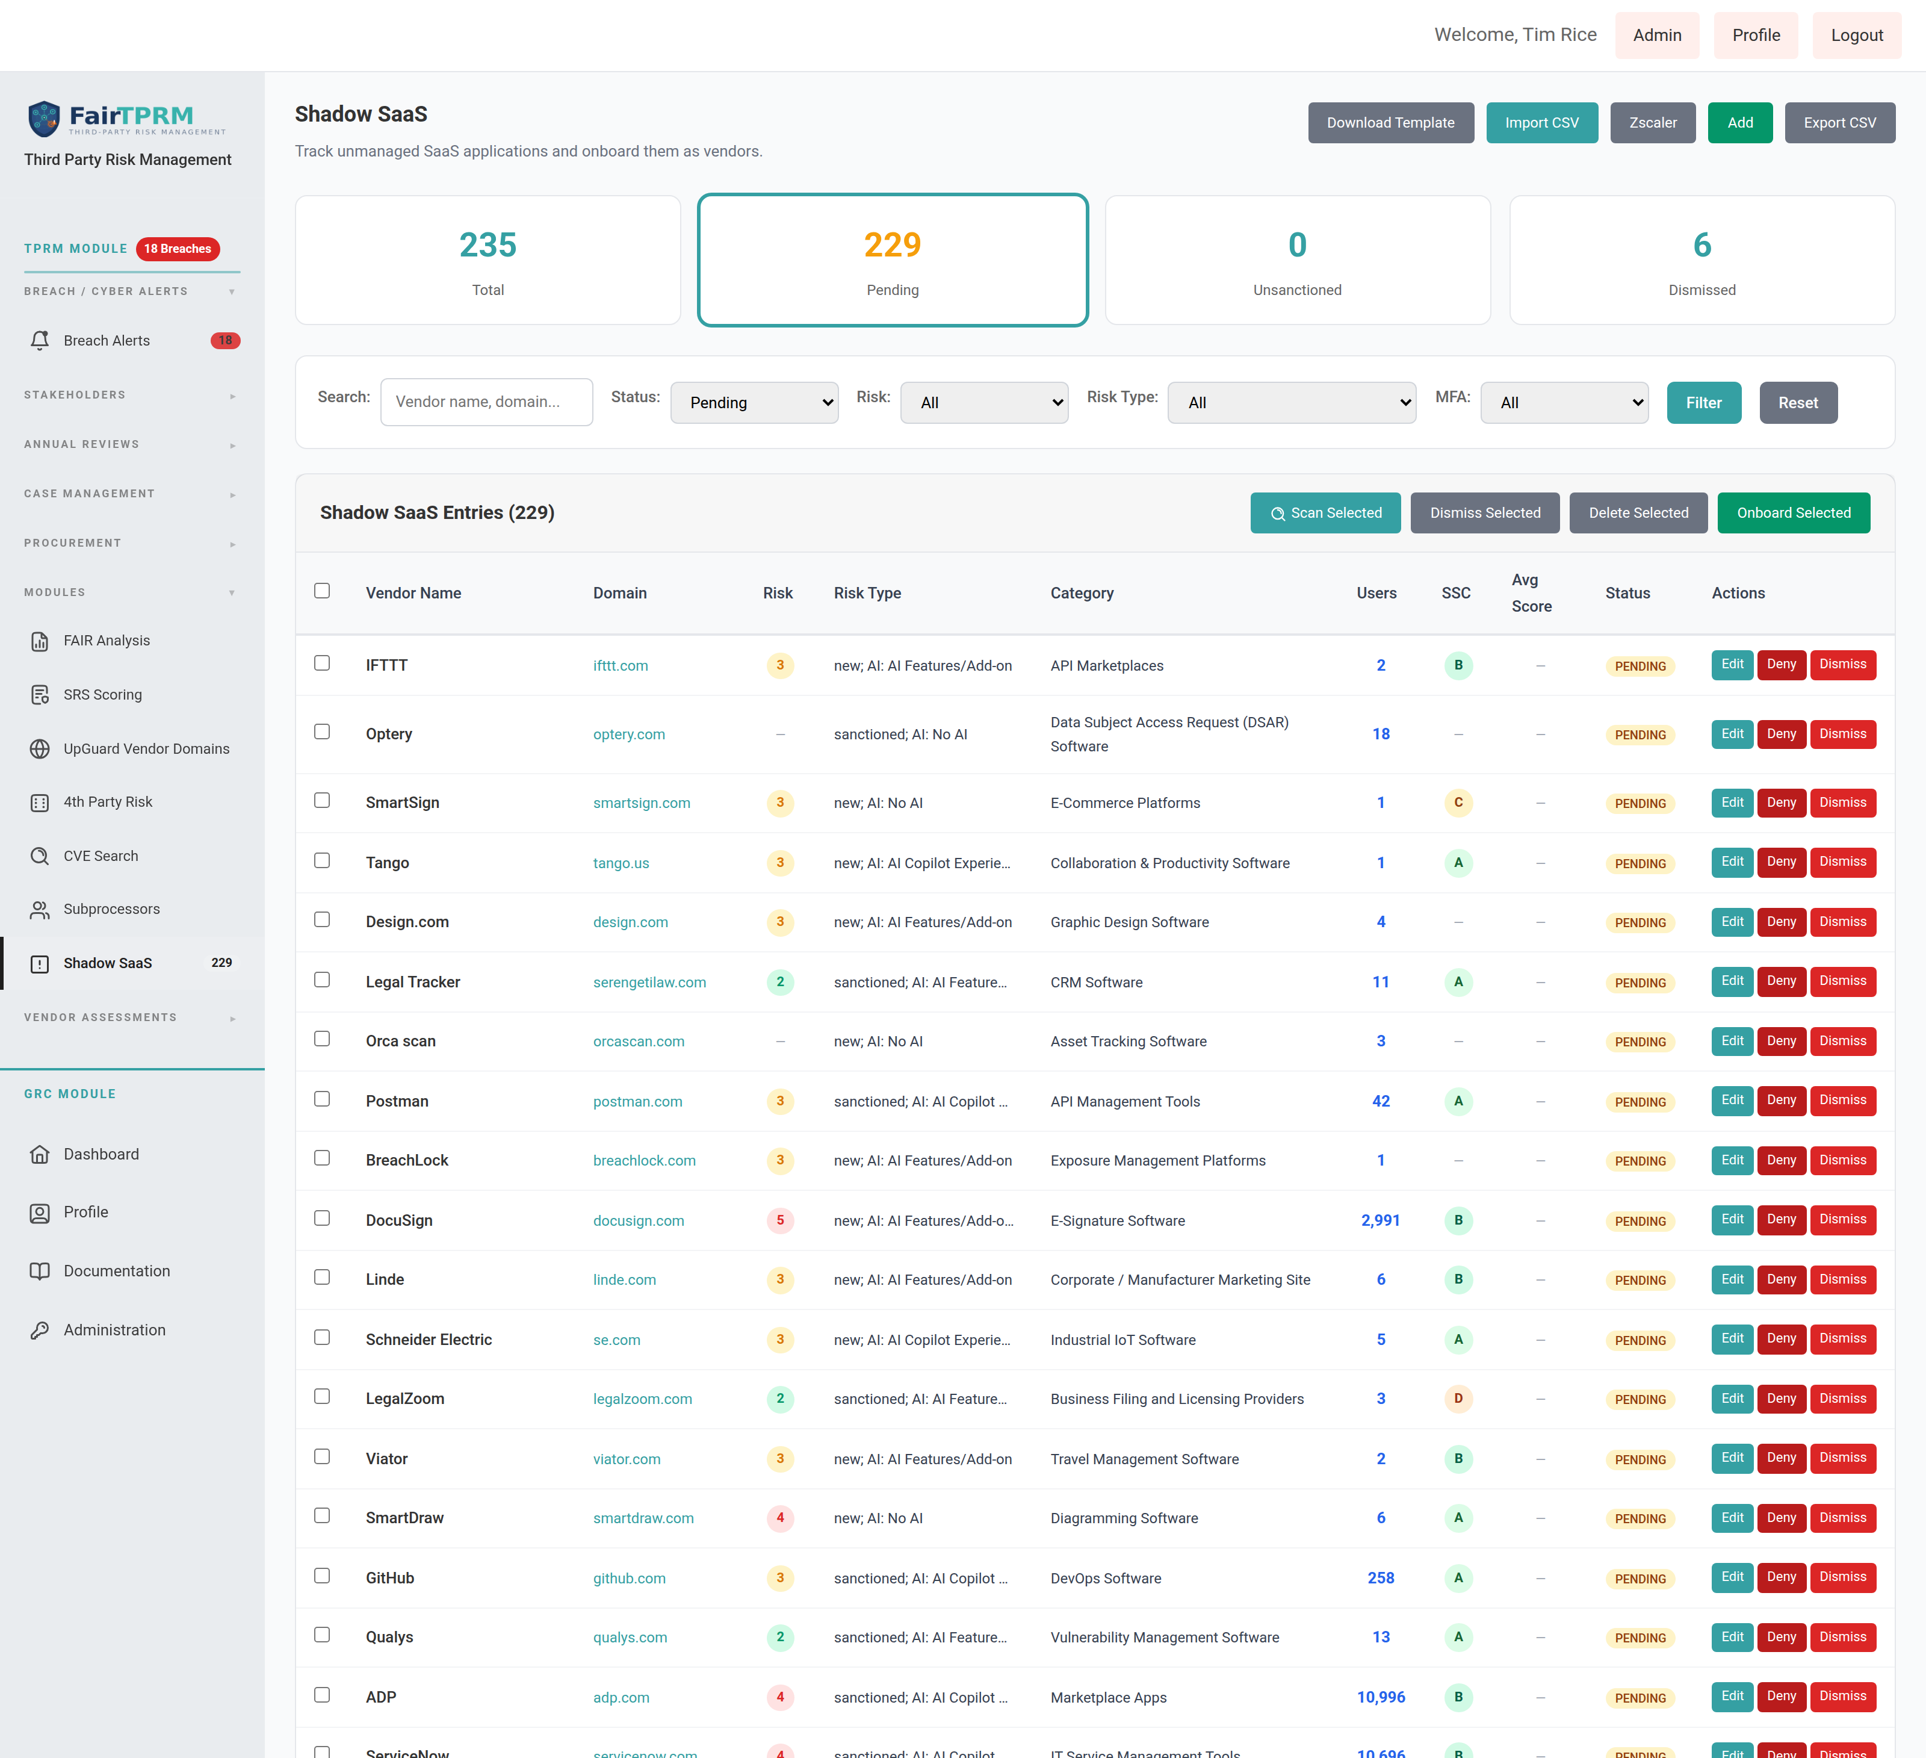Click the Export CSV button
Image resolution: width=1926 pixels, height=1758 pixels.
[x=1839, y=122]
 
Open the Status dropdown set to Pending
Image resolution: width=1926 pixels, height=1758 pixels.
[x=754, y=402]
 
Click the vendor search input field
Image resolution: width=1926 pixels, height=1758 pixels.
[x=486, y=402]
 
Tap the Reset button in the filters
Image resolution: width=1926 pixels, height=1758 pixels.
[x=1798, y=402]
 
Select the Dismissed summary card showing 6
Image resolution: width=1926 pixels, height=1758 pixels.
[x=1702, y=260]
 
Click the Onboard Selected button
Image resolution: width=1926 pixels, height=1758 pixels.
[x=1793, y=513]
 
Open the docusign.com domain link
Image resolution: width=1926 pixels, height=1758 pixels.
[x=638, y=1220]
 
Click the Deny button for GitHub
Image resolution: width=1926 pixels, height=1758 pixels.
[x=1781, y=1577]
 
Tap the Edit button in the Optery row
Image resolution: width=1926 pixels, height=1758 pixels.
[x=1732, y=734]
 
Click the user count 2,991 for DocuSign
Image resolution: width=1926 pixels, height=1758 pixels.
[x=1381, y=1220]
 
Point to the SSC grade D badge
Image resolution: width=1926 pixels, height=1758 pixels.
[x=1458, y=1399]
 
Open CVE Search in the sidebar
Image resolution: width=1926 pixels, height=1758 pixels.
[x=101, y=856]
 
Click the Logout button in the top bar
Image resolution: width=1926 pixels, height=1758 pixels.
[x=1856, y=36]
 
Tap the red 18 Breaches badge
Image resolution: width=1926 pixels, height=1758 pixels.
[x=178, y=249]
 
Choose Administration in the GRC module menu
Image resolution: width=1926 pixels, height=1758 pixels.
[x=114, y=1330]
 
